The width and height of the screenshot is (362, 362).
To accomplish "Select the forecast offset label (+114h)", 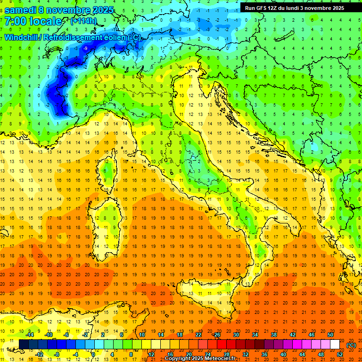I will pyautogui.click(x=83, y=21).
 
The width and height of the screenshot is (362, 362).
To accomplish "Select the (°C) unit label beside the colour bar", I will pyautogui.click(x=351, y=345).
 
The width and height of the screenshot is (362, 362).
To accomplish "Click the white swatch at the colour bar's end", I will pyautogui.click(x=335, y=345).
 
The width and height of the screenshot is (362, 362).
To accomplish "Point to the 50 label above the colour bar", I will pyautogui.click(x=330, y=335).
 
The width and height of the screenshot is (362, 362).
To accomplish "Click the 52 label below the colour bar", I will pyautogui.click(x=340, y=354).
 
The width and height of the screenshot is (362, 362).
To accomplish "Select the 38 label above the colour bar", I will pyautogui.click(x=274, y=335).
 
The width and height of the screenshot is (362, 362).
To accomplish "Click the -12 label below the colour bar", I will pyautogui.click(x=40, y=354).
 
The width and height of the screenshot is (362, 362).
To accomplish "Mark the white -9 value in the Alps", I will pyautogui.click(x=85, y=48).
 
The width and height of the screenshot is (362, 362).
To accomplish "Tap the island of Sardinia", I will pyautogui.click(x=104, y=222).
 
